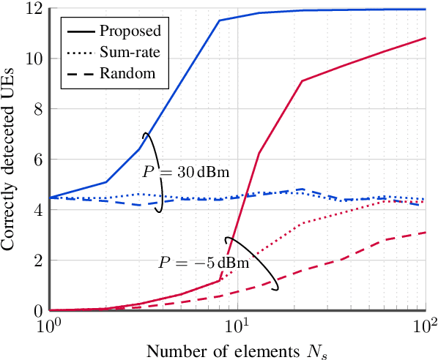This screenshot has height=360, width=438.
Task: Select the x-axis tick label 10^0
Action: [x=51, y=324]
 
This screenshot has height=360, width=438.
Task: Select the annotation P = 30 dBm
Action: [x=186, y=173]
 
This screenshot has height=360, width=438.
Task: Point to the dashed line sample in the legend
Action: [x=81, y=73]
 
